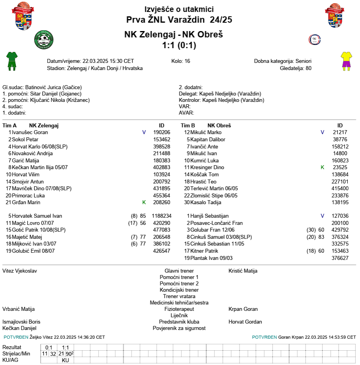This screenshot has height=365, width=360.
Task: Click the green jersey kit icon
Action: point(12,61)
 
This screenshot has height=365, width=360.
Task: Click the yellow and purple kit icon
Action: point(346,61)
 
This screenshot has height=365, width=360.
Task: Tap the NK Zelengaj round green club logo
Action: point(45,39)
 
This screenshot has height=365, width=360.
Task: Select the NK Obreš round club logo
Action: point(315,39)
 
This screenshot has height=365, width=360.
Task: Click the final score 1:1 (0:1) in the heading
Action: point(179,45)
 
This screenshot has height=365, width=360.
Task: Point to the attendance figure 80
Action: point(308,68)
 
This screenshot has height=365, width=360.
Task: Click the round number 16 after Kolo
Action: point(187,61)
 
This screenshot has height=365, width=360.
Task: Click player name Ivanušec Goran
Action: point(30,133)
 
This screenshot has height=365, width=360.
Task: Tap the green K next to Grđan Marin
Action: point(144,203)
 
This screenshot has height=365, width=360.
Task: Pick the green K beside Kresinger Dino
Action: point(323,168)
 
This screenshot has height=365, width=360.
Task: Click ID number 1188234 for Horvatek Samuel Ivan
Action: point(162,216)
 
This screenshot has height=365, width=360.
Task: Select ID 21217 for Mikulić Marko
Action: point(340,133)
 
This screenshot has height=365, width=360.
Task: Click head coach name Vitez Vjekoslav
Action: point(19,271)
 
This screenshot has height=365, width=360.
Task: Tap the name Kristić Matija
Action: point(243,271)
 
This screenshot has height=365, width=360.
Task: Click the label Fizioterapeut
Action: point(179,309)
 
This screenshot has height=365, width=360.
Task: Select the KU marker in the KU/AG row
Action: point(66,360)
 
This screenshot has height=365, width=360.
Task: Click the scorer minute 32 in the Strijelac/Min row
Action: point(53,354)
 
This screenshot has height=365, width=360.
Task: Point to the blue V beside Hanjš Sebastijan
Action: point(323,216)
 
